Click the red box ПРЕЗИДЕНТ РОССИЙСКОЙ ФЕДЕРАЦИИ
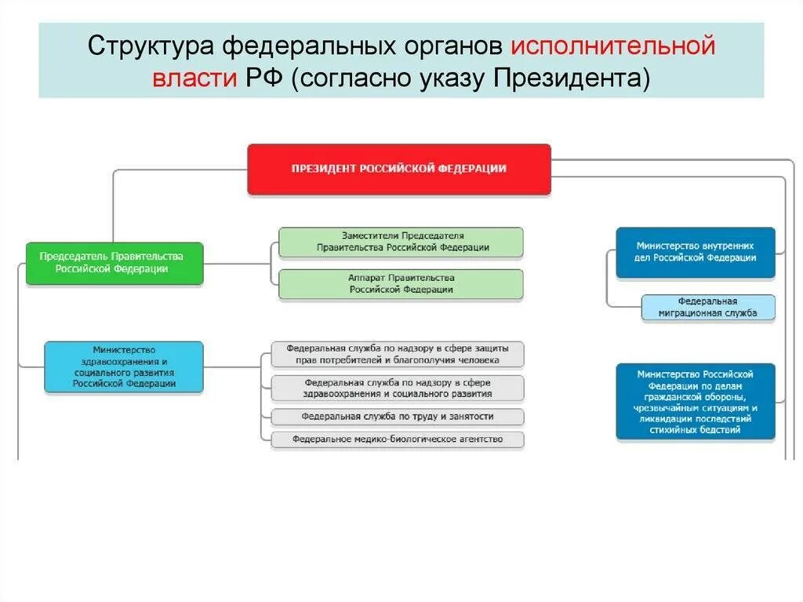click(399, 169)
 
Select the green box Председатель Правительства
click(114, 263)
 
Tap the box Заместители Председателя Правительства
click(401, 242)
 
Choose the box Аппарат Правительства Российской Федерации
click(401, 284)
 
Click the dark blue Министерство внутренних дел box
click(695, 253)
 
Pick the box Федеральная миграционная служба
click(708, 307)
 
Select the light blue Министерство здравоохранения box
click(124, 367)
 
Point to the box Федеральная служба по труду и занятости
click(398, 416)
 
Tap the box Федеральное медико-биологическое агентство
click(398, 440)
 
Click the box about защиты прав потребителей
click(398, 354)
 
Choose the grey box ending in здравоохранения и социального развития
click(398, 388)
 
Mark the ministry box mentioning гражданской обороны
click(695, 401)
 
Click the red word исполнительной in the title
click(613, 46)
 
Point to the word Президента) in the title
click(581, 78)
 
